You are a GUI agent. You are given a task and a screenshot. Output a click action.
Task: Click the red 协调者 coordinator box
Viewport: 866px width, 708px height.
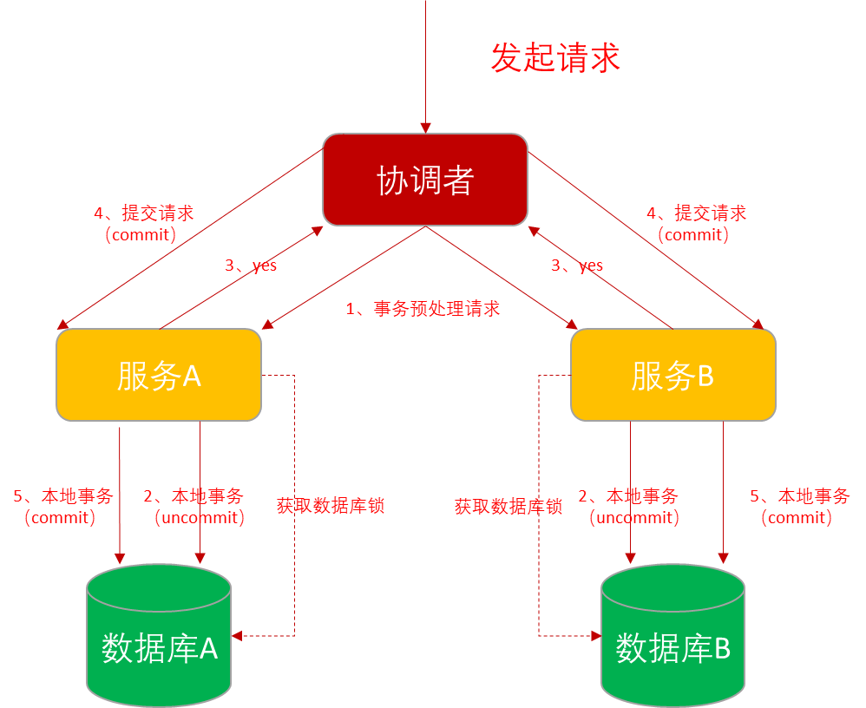coord(425,180)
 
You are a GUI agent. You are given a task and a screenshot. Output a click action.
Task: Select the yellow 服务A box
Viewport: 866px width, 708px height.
coord(159,375)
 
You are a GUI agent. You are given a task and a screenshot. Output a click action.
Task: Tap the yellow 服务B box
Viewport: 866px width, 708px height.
coord(673,375)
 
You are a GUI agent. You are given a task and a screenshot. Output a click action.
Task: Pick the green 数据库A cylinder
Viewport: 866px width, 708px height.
coord(159,635)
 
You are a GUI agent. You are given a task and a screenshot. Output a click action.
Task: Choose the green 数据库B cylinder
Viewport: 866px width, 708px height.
coord(673,635)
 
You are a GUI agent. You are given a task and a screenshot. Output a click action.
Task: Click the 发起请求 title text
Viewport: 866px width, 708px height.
coord(555,57)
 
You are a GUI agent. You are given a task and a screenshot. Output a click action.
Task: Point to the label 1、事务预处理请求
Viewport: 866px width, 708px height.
coord(423,308)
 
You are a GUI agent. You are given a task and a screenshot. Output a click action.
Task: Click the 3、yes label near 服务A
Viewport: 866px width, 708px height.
coord(251,265)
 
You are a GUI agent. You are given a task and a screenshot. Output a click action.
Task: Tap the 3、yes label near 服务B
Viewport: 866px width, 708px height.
coord(577,265)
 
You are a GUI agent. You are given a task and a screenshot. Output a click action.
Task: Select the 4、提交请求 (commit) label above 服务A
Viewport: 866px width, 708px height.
coord(143,224)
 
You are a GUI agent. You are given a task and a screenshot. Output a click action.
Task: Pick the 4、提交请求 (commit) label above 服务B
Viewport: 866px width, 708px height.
coord(697,224)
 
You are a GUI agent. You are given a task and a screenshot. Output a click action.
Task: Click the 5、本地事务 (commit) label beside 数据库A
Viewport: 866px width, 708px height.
coord(63,507)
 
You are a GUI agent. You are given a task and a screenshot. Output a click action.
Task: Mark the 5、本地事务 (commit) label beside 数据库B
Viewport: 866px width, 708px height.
coord(800,507)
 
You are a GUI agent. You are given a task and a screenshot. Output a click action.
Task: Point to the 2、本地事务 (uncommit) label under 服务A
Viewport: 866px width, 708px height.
coord(194,507)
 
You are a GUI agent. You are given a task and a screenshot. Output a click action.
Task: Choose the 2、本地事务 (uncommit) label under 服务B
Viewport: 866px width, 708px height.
coord(628,507)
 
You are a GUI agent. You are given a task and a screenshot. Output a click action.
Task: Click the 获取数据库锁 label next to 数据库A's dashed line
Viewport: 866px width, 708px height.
coord(331,505)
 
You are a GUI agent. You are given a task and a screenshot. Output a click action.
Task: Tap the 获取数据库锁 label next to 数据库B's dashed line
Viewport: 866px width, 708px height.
coord(508,506)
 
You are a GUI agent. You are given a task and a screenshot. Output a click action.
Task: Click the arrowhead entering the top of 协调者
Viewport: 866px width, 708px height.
coord(425,128)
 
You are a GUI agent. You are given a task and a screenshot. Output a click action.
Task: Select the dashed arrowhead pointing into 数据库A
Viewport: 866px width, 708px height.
coord(238,636)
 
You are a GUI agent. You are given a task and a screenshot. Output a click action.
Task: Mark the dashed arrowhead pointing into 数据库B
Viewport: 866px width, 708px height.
coord(596,636)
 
